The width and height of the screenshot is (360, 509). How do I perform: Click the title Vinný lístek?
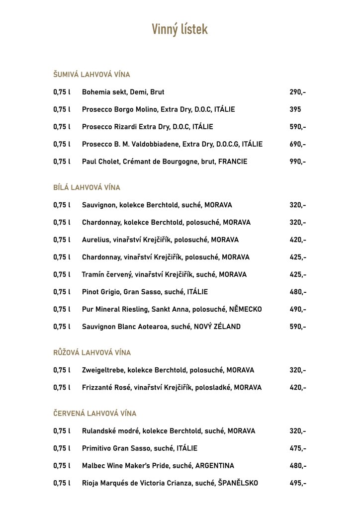[x=180, y=30]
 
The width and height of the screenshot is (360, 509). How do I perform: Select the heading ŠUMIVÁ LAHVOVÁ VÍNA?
[x=91, y=75]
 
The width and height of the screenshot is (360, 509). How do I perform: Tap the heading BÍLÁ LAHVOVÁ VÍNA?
[x=87, y=187]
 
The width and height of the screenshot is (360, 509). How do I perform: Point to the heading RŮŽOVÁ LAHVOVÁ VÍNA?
[x=92, y=352]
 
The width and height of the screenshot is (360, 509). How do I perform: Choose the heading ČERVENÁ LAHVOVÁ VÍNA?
[x=94, y=413]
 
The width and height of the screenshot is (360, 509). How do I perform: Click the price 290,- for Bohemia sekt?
[x=298, y=92]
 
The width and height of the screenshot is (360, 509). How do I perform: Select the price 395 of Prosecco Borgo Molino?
[x=295, y=109]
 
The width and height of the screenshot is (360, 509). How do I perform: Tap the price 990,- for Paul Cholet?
[x=298, y=162]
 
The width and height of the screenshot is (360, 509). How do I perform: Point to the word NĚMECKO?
[x=245, y=309]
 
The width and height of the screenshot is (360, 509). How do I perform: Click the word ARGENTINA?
[x=214, y=466]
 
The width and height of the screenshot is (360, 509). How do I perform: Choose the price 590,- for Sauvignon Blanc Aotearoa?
[x=298, y=327]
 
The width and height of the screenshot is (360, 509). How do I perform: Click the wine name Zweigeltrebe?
[x=103, y=370]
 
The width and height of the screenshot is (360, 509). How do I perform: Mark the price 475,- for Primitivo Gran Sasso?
[x=298, y=448]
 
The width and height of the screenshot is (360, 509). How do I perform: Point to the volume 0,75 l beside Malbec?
[x=62, y=466]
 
